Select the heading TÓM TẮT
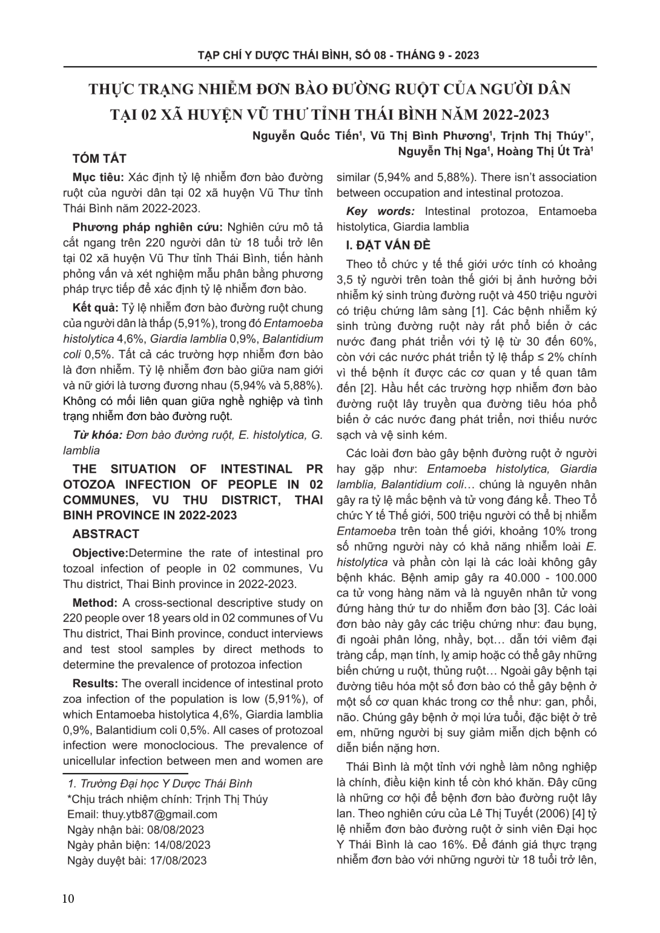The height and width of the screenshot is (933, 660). (99, 159)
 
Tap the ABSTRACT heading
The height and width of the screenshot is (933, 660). (106, 534)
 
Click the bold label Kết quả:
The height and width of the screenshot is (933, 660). (96, 307)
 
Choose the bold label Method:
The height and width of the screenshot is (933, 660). (94, 602)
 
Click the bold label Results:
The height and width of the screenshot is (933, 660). (95, 684)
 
